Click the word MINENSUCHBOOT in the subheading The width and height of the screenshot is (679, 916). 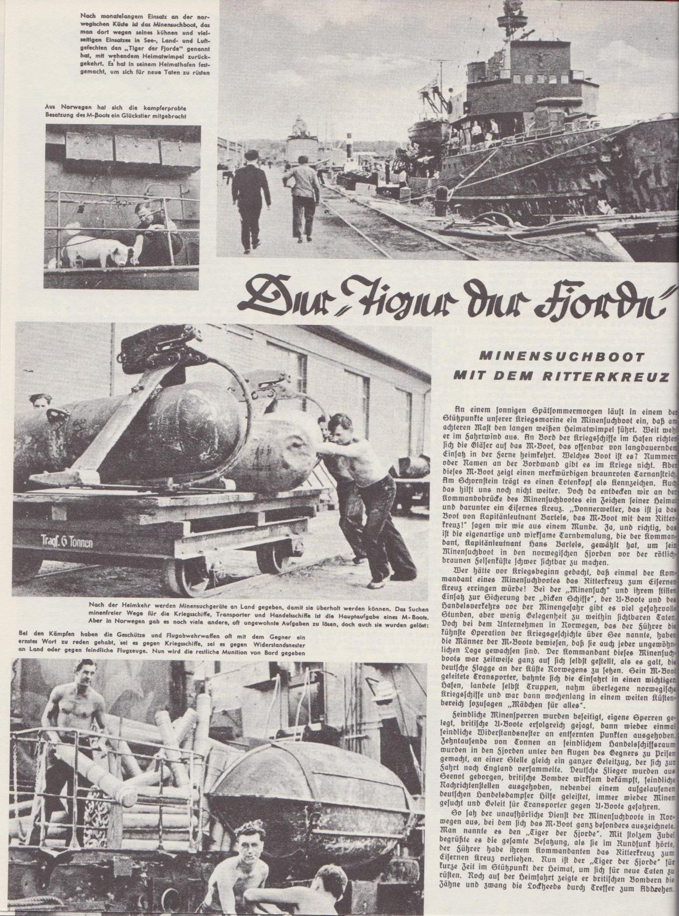pos(562,357)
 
